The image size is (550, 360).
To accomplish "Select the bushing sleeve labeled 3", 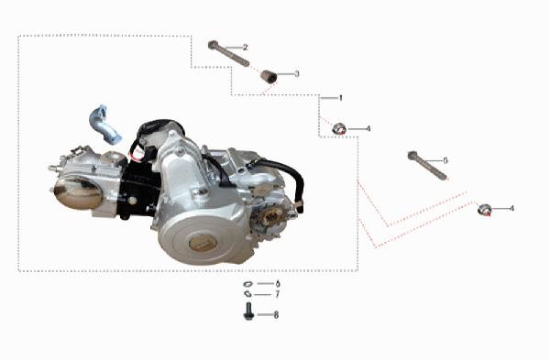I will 267,75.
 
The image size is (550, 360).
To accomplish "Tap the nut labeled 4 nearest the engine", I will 339,128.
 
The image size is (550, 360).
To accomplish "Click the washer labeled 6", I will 247,285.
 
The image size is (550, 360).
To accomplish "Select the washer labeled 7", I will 247,296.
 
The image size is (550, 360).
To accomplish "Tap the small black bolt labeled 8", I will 247,313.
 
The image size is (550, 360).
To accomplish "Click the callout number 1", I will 340,97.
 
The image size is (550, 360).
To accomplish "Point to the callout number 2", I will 245,46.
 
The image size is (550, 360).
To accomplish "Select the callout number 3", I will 296,73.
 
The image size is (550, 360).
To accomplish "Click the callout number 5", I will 445,160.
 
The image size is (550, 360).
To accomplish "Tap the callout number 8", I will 276,314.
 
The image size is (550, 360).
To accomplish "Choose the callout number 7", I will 277,295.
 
